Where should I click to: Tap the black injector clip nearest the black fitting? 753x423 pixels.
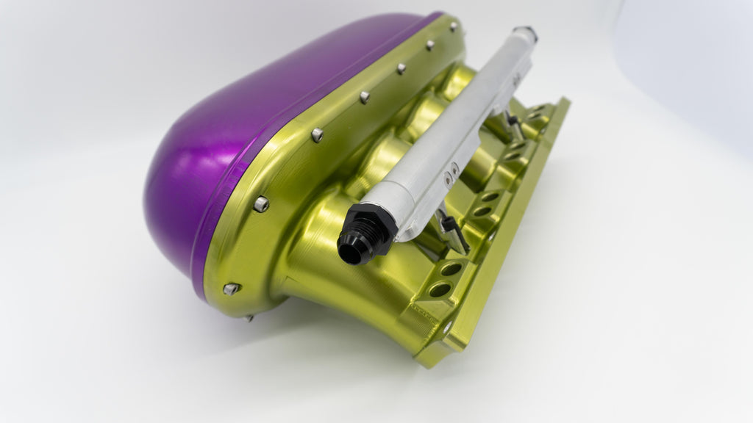(x=453, y=231)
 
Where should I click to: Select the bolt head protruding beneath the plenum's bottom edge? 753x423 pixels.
(x=251, y=317)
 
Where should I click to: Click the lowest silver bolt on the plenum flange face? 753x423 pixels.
(x=231, y=289)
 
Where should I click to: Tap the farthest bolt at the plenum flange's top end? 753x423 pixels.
(x=454, y=26)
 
